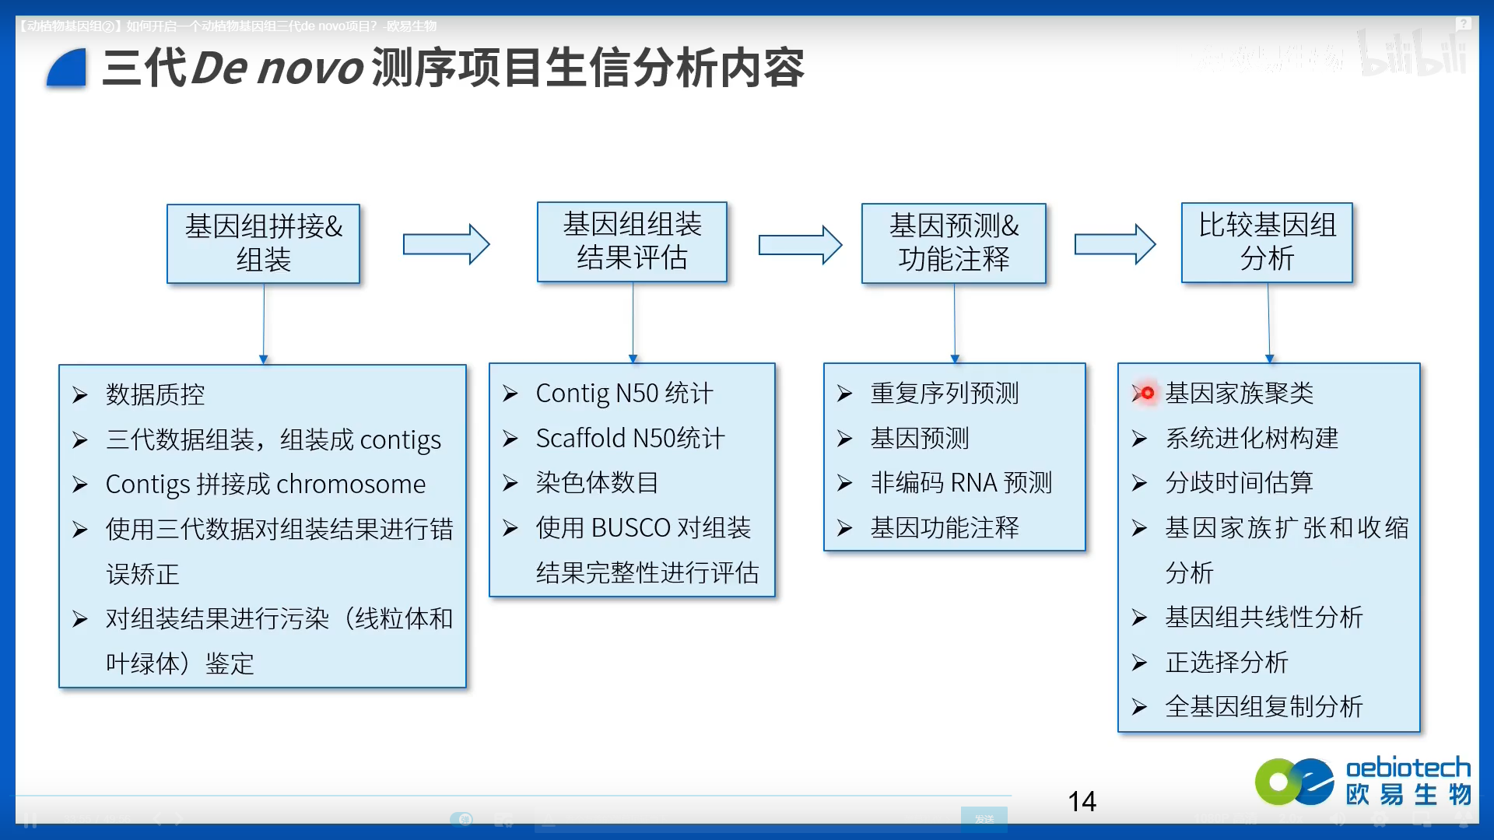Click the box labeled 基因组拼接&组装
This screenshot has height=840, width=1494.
pos(263,243)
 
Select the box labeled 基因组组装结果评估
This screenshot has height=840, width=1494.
pos(632,242)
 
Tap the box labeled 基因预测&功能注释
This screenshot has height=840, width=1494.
pos(953,243)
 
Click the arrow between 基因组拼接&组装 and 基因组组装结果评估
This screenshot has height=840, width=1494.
pos(446,244)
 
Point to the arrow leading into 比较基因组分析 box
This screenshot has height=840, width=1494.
pos(1114,244)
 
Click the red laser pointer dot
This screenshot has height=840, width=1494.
pos(1147,393)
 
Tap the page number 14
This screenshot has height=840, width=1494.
pos(1082,801)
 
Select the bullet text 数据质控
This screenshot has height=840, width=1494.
pos(156,394)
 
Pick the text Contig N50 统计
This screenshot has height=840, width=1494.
pos(624,394)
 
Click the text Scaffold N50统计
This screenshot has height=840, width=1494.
pos(630,439)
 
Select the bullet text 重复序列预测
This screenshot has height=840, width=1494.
pos(945,394)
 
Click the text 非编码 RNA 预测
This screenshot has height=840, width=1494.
pos(961,483)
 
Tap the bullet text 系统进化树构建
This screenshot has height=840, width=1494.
pos(1251,439)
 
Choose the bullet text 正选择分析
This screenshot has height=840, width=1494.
pos(1226,663)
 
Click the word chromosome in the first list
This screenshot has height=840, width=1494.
pos(351,485)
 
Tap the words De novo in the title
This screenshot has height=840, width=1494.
pos(277,68)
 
